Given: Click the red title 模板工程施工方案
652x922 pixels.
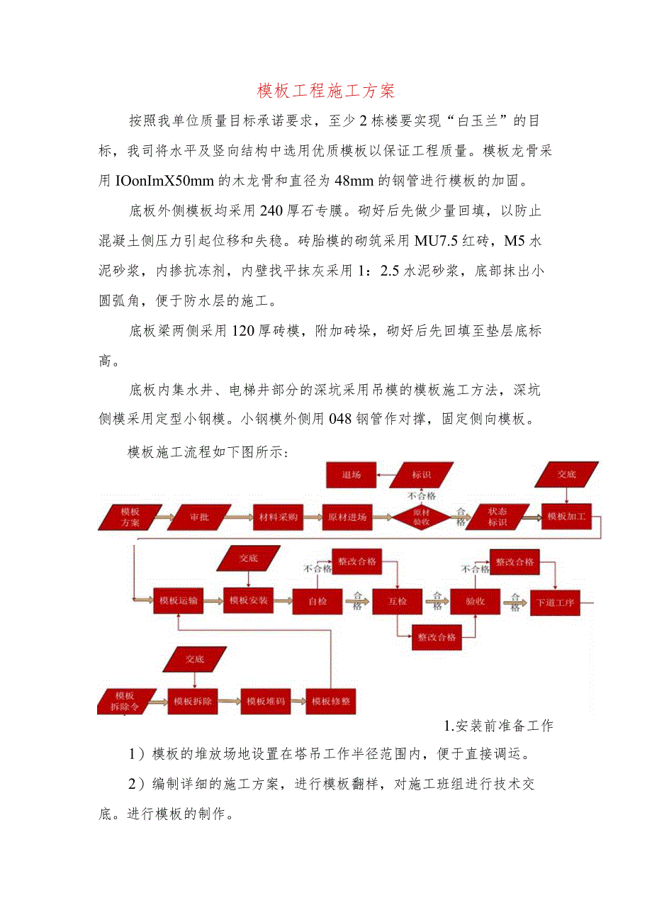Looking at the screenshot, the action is [x=325, y=91].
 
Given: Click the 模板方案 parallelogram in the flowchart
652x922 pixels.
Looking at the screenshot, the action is [x=130, y=517].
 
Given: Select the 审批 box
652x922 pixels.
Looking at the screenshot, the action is [x=199, y=517].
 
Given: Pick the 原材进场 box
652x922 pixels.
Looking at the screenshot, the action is [x=347, y=517].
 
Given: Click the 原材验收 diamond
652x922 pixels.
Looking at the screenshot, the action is [x=422, y=517].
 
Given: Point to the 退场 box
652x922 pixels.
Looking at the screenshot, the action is [x=351, y=474].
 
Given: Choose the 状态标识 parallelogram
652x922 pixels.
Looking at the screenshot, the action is [x=498, y=517].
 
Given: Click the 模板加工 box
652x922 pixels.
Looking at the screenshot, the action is [x=566, y=517].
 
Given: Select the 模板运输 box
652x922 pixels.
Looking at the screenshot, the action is [x=178, y=600].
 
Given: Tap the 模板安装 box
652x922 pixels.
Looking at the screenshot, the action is [x=249, y=600].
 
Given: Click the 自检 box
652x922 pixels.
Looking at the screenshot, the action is [x=317, y=601].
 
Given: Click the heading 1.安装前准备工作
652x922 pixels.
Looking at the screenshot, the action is [x=498, y=725].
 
